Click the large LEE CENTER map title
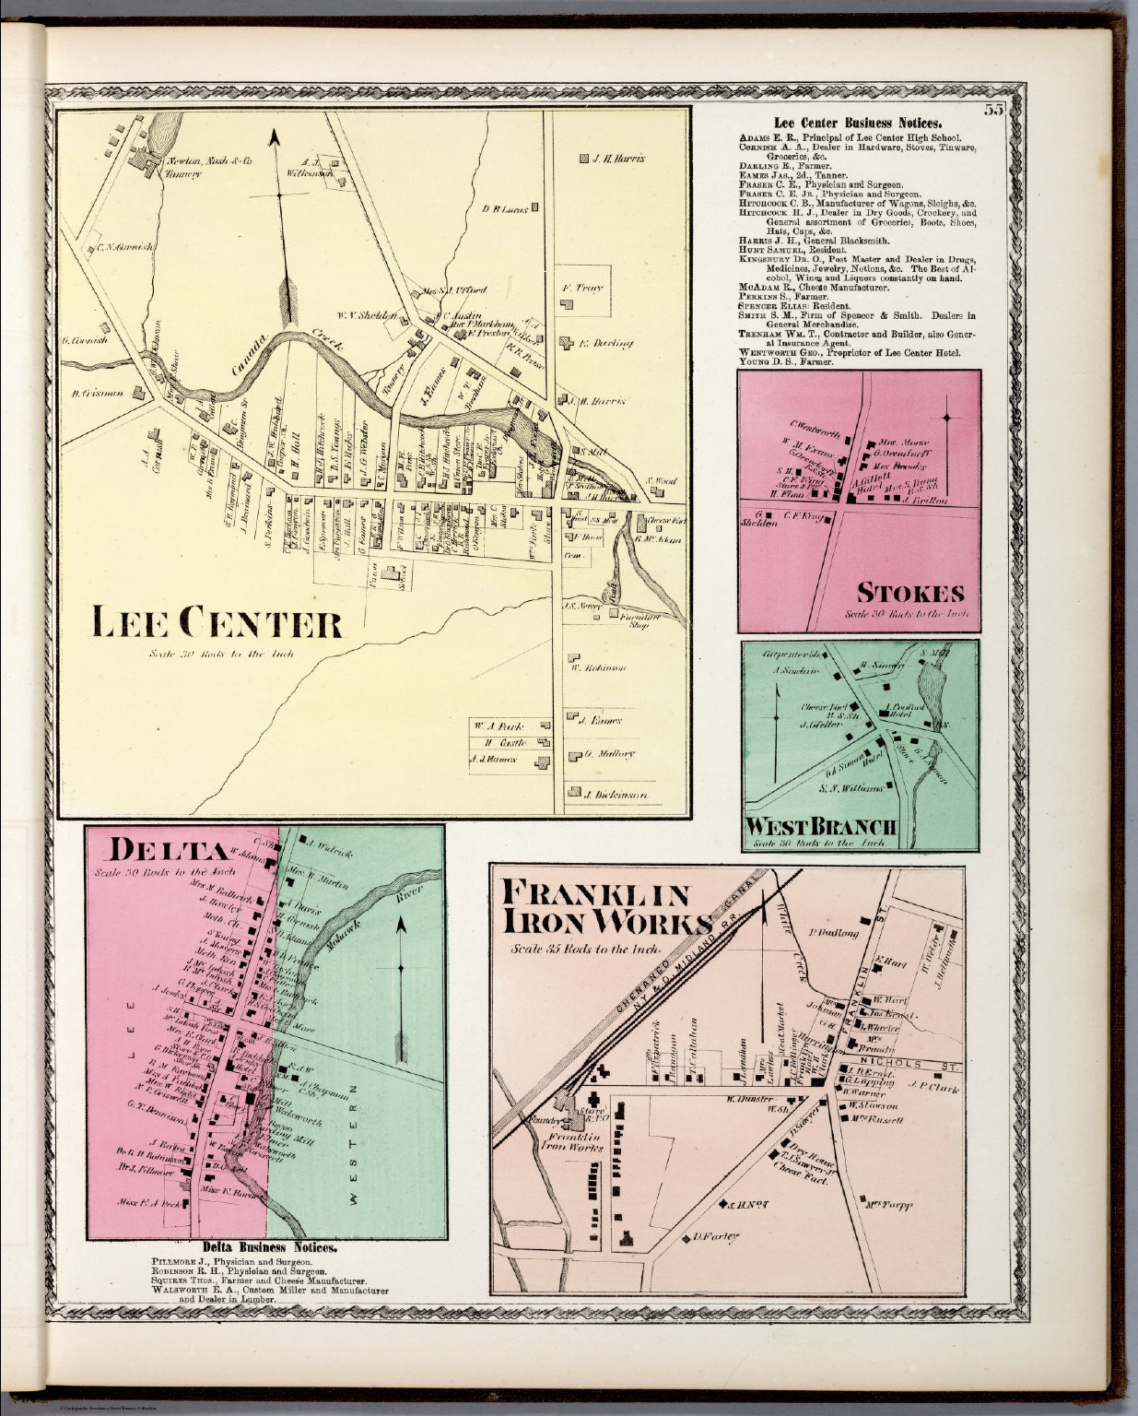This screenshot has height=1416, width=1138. coord(217,624)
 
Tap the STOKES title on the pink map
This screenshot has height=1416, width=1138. coord(911,592)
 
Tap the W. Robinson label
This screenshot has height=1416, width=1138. coord(604,667)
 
